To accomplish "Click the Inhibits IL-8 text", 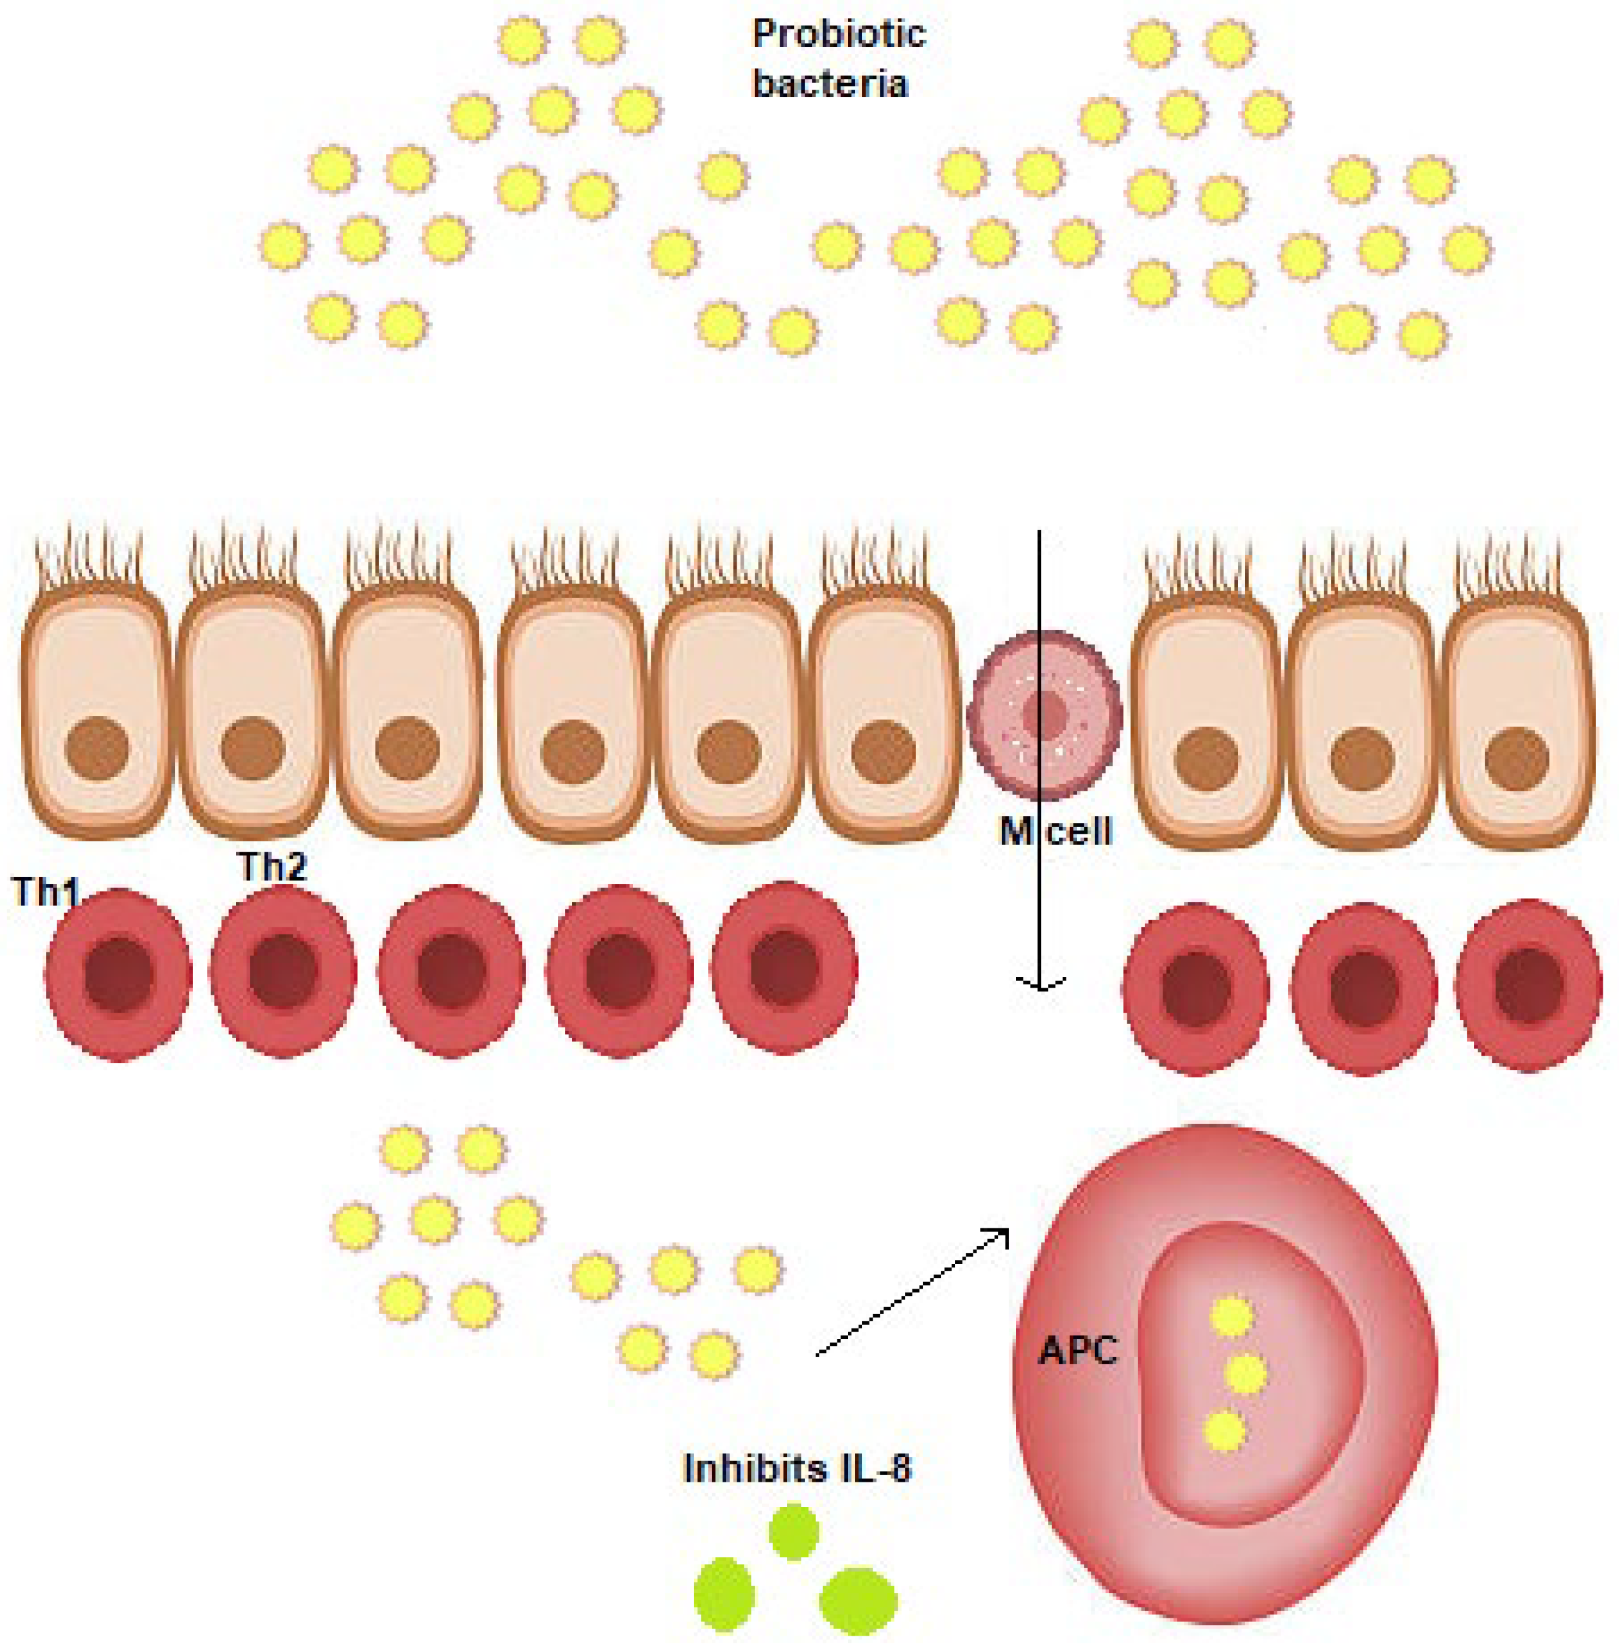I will tap(797, 1469).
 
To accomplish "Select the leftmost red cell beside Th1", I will tap(118, 975).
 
